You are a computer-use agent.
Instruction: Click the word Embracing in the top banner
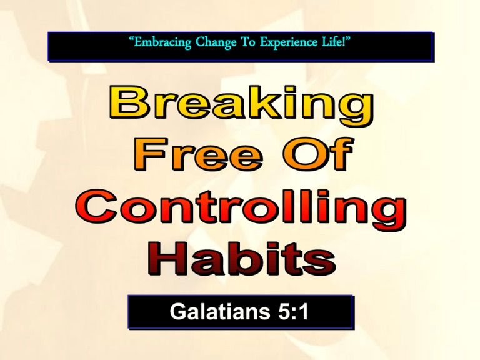[162, 42]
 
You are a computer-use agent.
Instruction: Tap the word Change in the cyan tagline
[216, 42]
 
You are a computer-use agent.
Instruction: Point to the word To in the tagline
[248, 42]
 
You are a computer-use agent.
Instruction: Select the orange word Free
[198, 154]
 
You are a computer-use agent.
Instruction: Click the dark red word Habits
[242, 258]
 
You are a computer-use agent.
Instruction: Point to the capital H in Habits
[167, 258]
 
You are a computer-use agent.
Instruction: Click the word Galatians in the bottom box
[220, 312]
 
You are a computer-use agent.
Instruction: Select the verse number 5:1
[293, 312]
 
